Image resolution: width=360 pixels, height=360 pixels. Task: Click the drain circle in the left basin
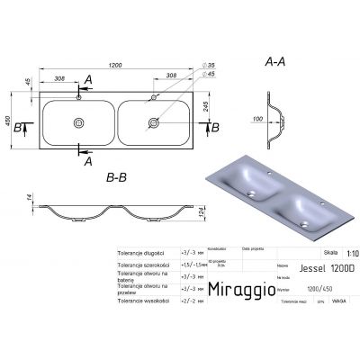[80, 122]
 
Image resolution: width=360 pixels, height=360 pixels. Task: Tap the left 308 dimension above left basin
[63, 79]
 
